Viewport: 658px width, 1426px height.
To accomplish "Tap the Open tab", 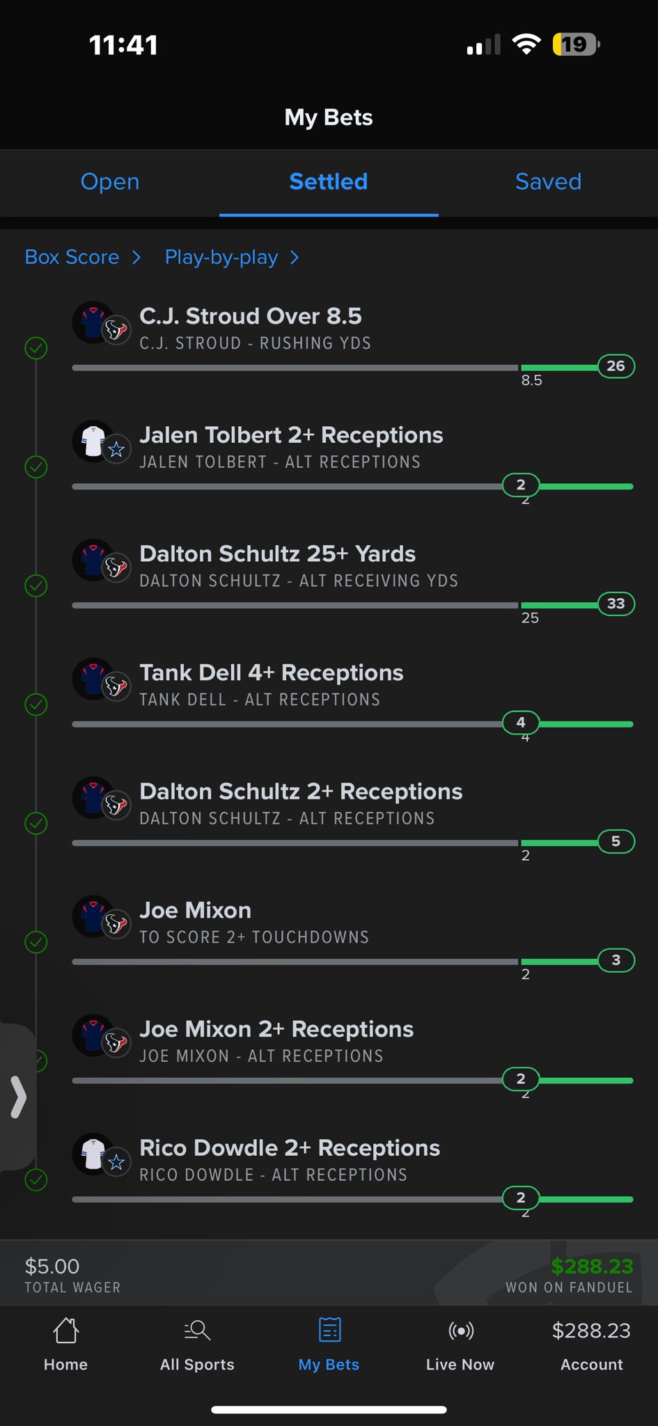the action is point(110,182).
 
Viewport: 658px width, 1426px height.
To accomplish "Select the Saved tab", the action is point(548,182).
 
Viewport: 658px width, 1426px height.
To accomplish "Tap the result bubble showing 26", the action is point(616,366).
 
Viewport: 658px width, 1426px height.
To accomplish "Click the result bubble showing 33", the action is point(616,604).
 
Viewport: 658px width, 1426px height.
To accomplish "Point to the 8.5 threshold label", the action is point(531,380).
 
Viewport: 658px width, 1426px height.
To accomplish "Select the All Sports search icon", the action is point(197,1330).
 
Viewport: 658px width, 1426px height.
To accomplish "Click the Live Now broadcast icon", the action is point(461,1331).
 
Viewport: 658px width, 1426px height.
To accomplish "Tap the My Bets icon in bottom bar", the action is point(329,1329).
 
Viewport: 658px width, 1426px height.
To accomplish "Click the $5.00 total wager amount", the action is point(52,1266).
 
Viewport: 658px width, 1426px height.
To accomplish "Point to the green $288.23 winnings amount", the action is point(592,1266).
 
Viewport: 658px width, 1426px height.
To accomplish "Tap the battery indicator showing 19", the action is point(576,45).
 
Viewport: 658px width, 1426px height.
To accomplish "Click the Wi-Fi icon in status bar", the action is point(526,45).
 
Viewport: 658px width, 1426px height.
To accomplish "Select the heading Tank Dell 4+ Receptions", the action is point(272,673).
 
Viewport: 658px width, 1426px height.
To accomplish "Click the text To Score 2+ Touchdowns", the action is point(254,937).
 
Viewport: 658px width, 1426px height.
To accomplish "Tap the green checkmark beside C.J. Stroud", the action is point(36,347).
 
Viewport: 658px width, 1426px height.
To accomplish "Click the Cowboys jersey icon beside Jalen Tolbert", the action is point(93,440).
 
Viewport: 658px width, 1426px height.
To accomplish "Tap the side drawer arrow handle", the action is point(18,1097).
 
